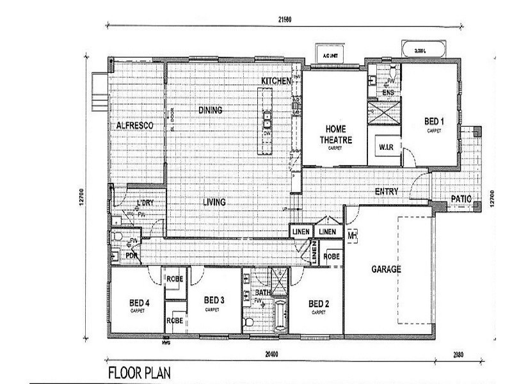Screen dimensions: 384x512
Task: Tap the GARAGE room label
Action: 386,269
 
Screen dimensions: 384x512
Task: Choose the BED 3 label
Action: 213,300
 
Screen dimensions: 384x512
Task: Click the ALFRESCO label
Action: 134,125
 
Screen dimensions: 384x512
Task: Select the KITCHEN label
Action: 276,81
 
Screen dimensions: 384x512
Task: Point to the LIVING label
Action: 214,202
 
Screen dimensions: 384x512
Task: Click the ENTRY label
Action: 387,191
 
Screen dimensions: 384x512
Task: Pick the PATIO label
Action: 461,199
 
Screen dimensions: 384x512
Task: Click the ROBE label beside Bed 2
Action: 331,255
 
